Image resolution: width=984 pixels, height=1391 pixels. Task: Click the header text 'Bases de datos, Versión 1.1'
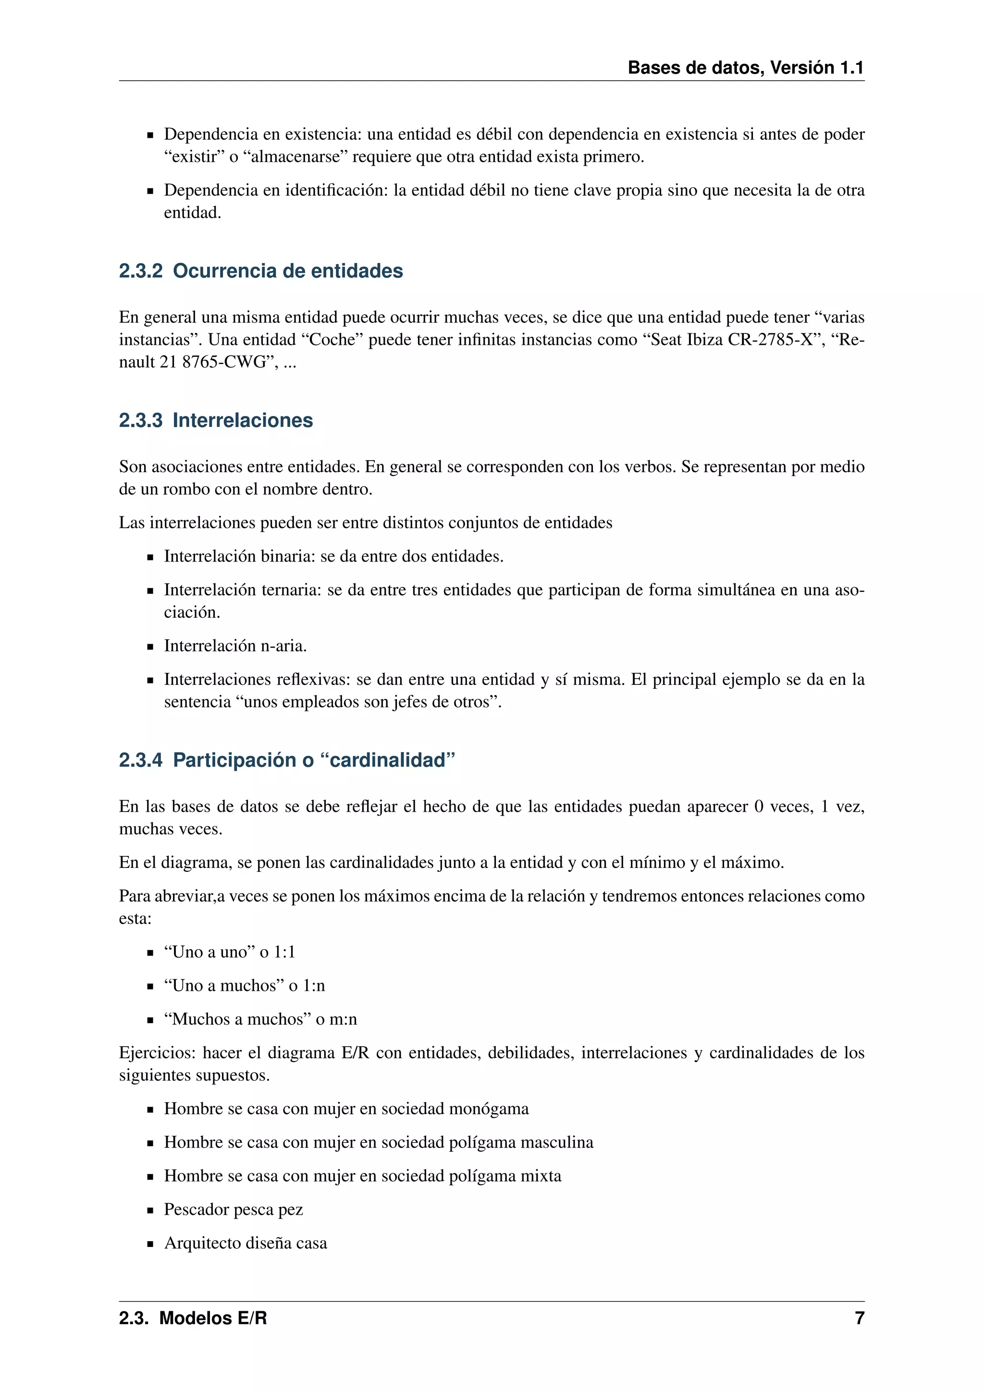pos(745,67)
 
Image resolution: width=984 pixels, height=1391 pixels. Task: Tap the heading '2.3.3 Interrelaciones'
pos(216,420)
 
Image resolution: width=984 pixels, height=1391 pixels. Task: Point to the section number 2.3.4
pos(141,760)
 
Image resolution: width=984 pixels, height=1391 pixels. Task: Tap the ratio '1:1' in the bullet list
pos(284,952)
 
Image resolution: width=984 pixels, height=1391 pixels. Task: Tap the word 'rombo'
pos(184,489)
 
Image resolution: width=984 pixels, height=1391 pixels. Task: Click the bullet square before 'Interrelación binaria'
pos(150,557)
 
